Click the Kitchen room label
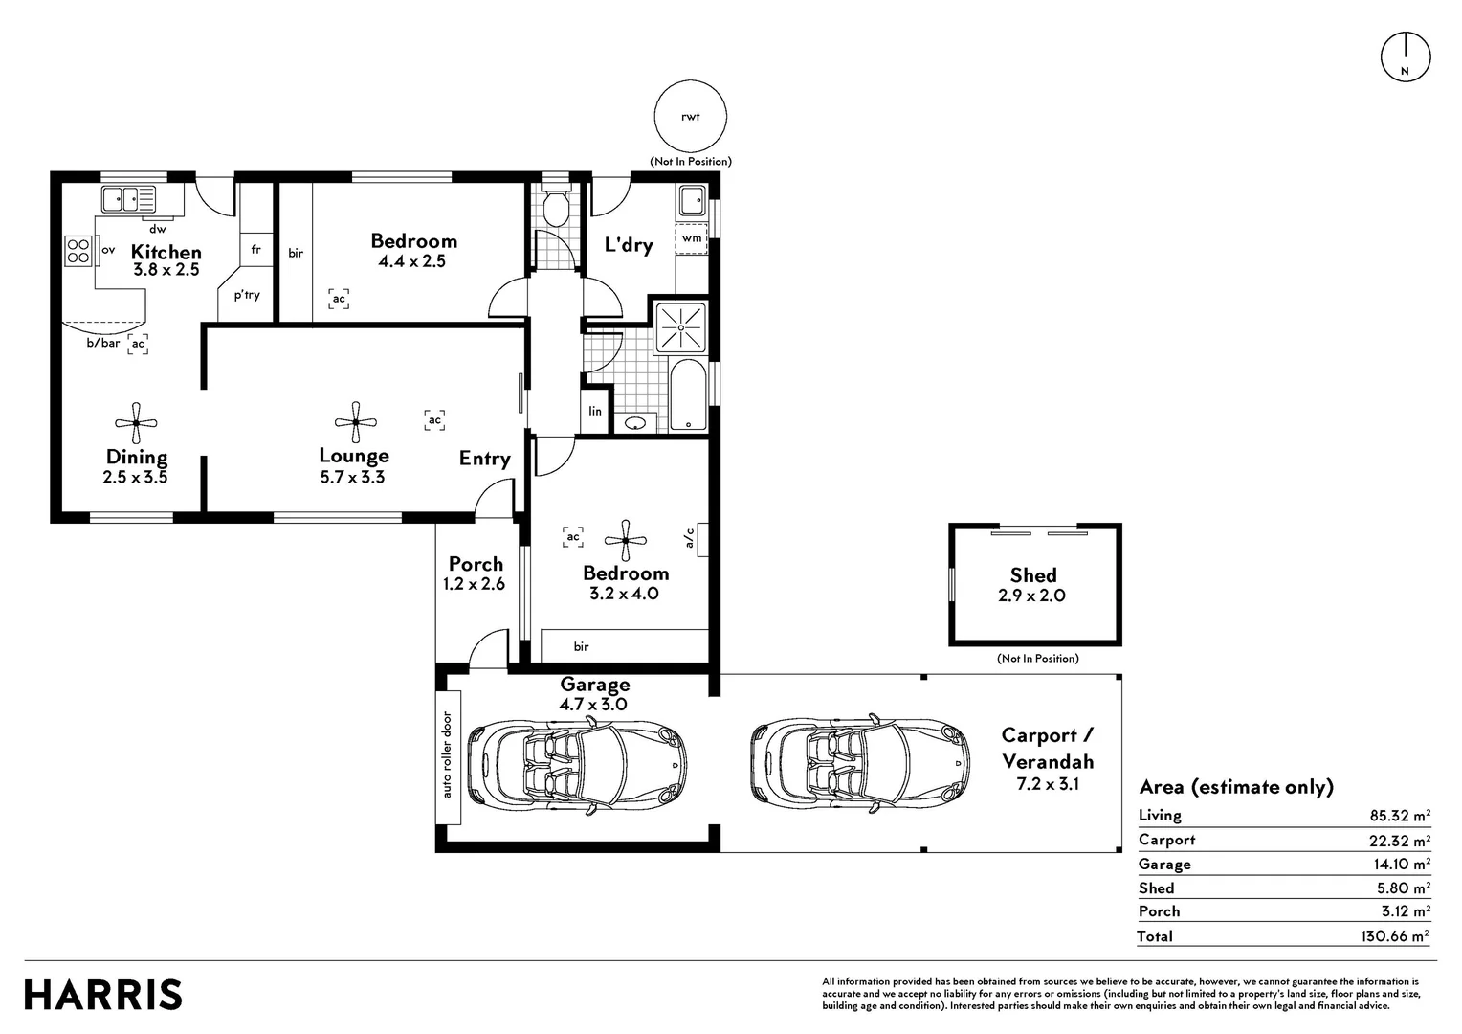(x=166, y=252)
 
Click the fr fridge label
(x=255, y=250)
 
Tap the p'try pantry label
(x=248, y=295)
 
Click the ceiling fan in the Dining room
(x=136, y=422)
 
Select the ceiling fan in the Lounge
(x=356, y=422)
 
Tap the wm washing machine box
(x=691, y=238)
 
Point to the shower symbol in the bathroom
(x=680, y=327)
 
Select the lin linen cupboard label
(x=594, y=411)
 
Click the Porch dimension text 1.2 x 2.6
(x=474, y=584)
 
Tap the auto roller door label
(x=447, y=755)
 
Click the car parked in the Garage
(x=578, y=764)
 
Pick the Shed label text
(x=1033, y=575)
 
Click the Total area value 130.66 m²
(x=1395, y=935)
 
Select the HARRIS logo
(x=103, y=994)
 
